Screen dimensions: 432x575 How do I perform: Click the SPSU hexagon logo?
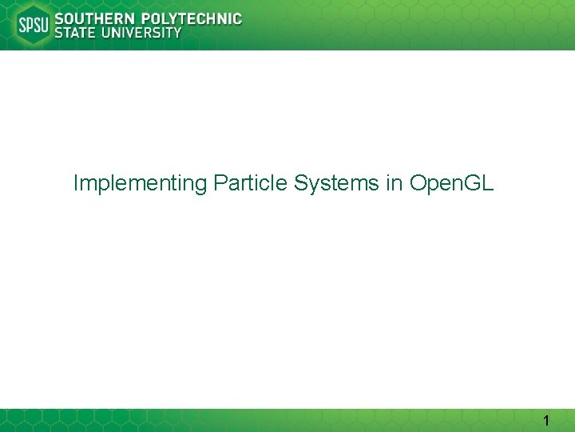pos(33,26)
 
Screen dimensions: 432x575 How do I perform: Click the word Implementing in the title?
pos(140,184)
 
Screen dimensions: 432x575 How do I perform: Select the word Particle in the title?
pos(250,183)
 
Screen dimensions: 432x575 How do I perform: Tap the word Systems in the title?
pos(336,184)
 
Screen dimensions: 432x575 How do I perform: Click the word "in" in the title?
pos(394,183)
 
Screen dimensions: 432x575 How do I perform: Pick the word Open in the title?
pos(432,184)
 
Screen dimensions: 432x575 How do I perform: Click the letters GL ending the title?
pos(478,183)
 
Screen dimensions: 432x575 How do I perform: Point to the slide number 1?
pos(546,420)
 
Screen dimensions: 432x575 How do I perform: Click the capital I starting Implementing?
pos(75,183)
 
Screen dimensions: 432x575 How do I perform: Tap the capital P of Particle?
pos(220,183)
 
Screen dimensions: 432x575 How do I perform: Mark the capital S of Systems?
pos(301,183)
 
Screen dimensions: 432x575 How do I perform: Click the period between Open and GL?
pos(458,190)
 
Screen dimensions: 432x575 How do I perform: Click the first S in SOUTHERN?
pos(58,18)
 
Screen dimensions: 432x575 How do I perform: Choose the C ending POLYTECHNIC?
pos(236,18)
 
